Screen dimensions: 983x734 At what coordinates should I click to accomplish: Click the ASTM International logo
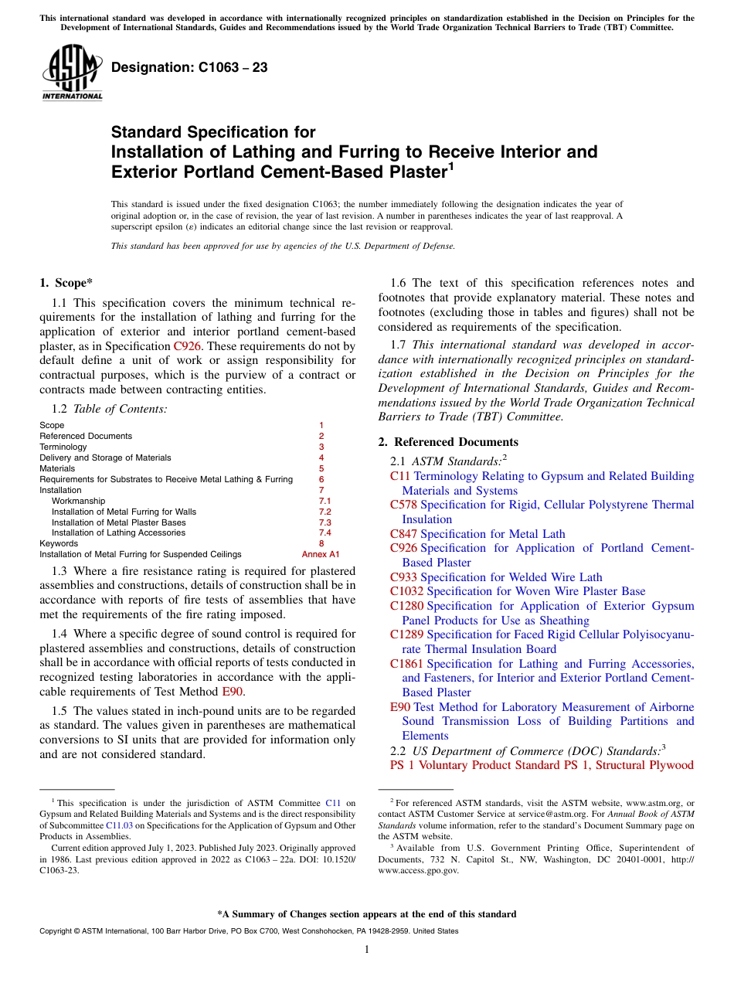pos(72,73)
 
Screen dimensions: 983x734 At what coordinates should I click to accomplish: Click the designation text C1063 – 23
pos(189,68)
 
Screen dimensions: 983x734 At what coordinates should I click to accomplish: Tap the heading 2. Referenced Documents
pos(448,442)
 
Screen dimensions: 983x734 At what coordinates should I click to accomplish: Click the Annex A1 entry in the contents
pos(320,554)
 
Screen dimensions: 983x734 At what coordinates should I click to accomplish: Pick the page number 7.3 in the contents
pos(325,522)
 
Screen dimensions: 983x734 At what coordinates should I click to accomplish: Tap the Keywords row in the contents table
pos(59,543)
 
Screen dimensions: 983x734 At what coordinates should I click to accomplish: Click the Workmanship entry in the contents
pos(78,501)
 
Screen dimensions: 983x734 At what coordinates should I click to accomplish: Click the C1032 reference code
pos(406,591)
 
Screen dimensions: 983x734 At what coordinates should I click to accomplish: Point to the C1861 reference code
pos(406,664)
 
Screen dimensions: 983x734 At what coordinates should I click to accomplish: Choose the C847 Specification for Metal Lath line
pos(477,534)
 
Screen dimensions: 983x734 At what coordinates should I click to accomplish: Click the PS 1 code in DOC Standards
pos(402,765)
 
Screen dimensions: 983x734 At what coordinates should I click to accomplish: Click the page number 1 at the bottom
pos(367,950)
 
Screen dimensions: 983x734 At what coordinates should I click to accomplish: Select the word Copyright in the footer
pos(56,931)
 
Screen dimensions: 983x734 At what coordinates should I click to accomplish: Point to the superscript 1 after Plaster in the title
pos(451,165)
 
